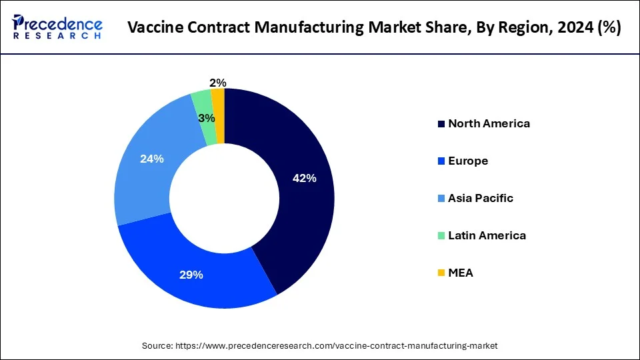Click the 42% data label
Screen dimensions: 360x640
[304, 178]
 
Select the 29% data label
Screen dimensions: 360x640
[191, 275]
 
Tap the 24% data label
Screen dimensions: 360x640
[151, 159]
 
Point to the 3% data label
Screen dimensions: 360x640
[207, 118]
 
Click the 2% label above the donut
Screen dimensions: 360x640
[217, 83]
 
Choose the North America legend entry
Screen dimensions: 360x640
[489, 123]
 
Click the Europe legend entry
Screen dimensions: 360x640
[468, 161]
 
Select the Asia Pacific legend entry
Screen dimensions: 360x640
[480, 198]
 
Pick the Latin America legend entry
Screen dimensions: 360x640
[487, 235]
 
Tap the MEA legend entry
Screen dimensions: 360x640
[460, 273]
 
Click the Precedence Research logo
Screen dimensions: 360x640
[57, 27]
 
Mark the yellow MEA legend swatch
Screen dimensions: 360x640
[441, 273]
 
